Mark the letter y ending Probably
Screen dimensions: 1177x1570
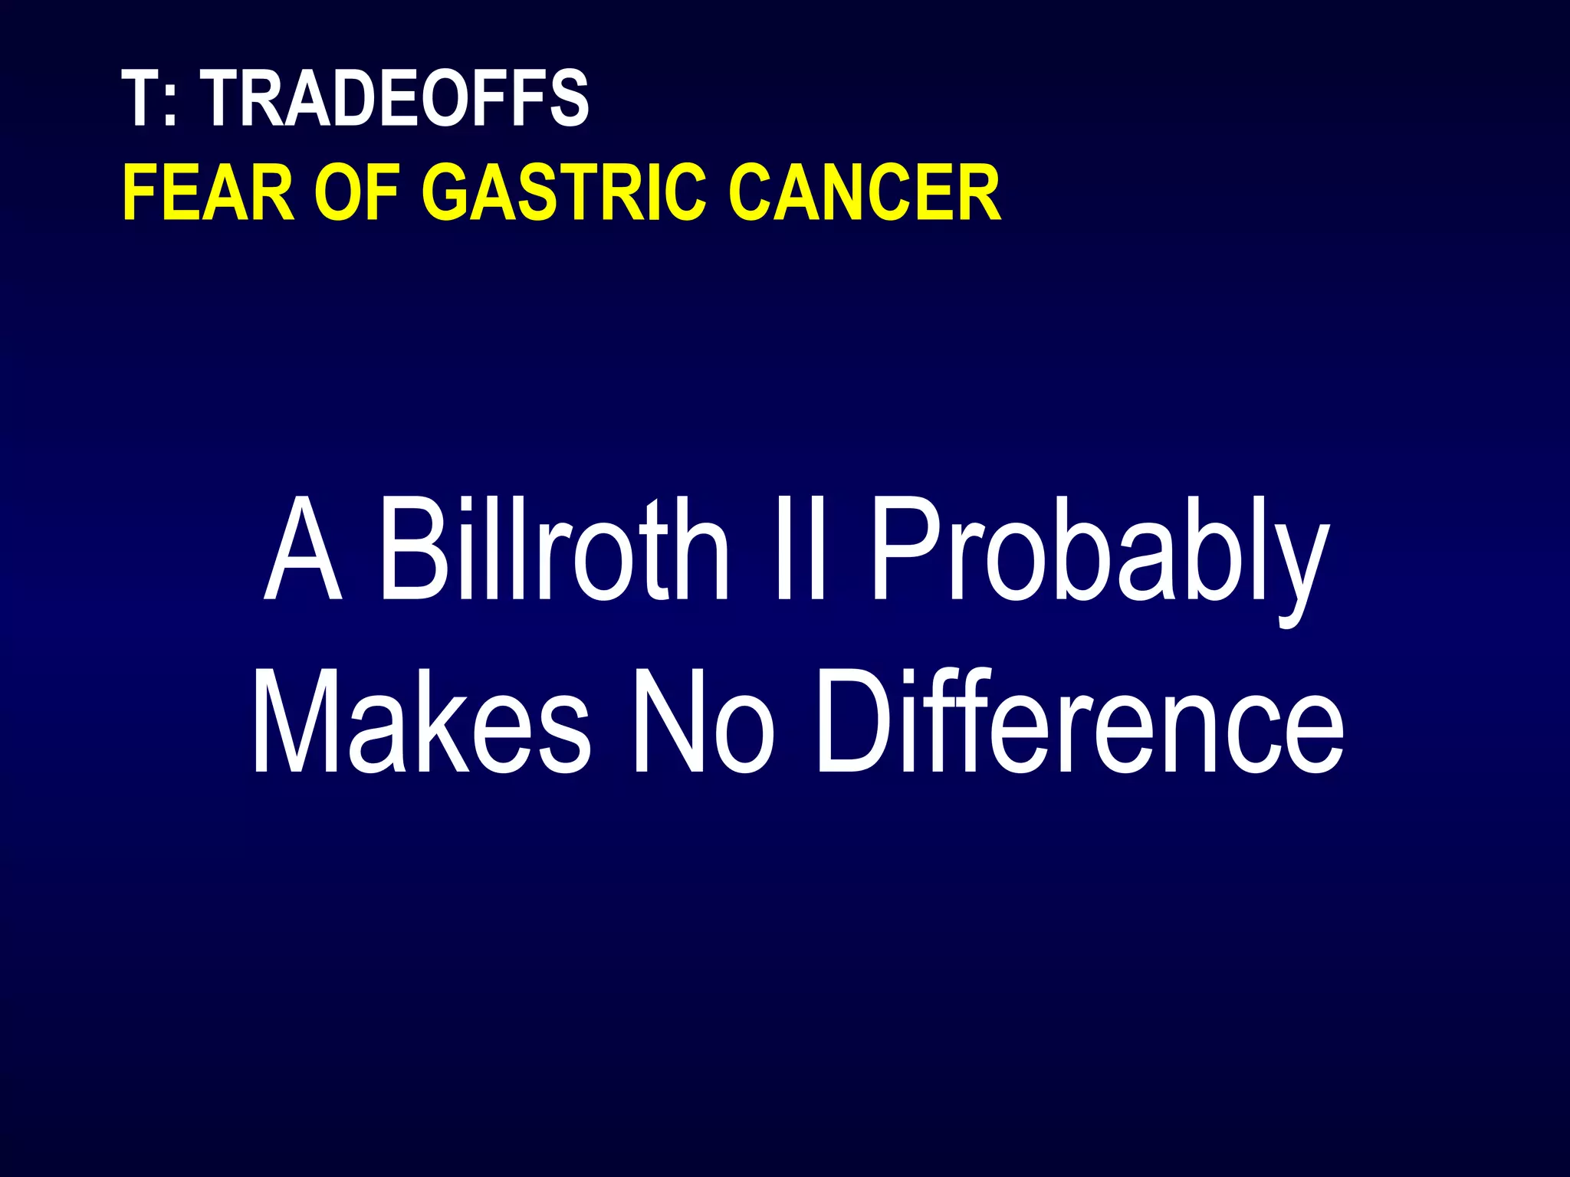[1296, 575]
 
